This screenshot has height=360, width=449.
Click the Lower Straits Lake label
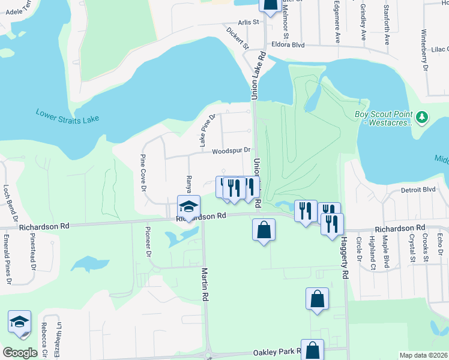[x=67, y=115]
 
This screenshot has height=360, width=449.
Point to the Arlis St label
[x=247, y=22]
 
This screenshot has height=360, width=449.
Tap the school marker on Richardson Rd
[x=188, y=208]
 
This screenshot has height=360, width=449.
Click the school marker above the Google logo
[x=19, y=322]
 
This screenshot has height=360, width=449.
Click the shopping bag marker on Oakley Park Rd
[x=312, y=350]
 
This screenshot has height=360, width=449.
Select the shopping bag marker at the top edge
[x=270, y=4]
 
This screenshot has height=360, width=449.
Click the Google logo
[x=20, y=353]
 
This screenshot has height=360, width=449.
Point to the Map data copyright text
[x=423, y=355]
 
